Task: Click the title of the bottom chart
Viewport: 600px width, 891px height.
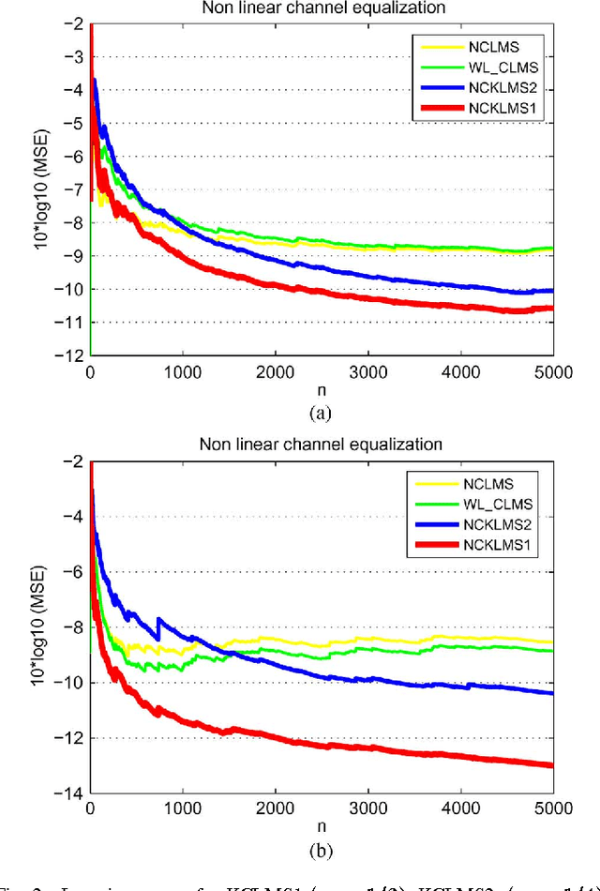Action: [321, 443]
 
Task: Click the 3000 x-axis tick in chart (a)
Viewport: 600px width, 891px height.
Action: [367, 371]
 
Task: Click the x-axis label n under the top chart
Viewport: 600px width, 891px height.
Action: [321, 389]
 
